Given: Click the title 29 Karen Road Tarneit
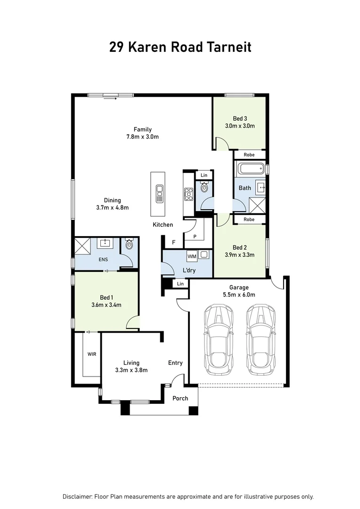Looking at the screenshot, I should pyautogui.click(x=180, y=47).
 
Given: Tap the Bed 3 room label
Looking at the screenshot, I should pyautogui.click(x=240, y=118).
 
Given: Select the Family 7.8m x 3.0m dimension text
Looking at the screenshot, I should pyautogui.click(x=142, y=137).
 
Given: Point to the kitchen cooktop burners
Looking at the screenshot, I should pyautogui.click(x=188, y=193).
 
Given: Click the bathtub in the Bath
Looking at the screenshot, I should pyautogui.click(x=250, y=169).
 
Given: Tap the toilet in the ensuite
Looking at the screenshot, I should pyautogui.click(x=129, y=245).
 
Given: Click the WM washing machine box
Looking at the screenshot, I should pyautogui.click(x=192, y=256).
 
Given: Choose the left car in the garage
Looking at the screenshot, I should pyautogui.click(x=217, y=338).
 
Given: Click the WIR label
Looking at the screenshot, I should pyautogui.click(x=91, y=353).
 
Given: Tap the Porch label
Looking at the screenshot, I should pyautogui.click(x=180, y=398).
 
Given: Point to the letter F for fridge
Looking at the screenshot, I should pyautogui.click(x=173, y=243).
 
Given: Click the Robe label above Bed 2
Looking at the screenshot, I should pyautogui.click(x=249, y=220).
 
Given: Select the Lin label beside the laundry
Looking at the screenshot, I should pyautogui.click(x=180, y=284).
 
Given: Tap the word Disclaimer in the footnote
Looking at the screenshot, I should pyautogui.click(x=77, y=496).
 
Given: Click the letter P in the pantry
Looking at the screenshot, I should pyautogui.click(x=195, y=237).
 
